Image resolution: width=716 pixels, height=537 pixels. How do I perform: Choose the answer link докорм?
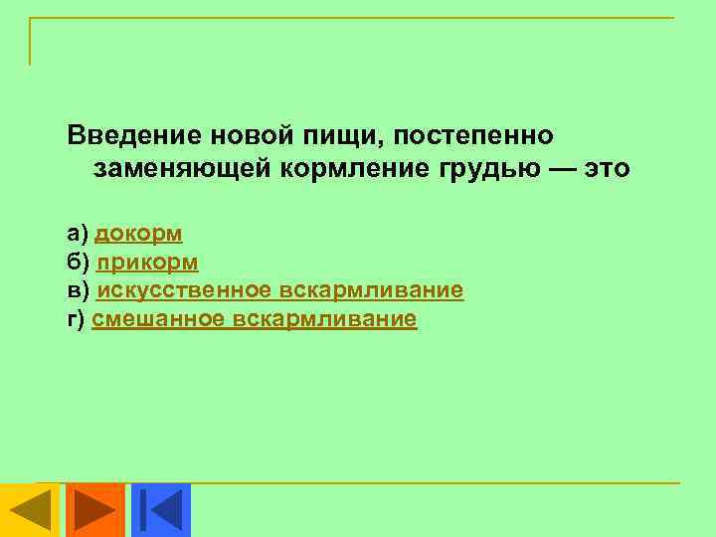coord(138,234)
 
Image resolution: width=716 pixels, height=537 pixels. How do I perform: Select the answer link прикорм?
coord(147,263)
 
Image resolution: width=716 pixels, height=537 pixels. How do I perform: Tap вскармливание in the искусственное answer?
coord(372,290)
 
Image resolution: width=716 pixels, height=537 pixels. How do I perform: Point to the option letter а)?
coord(78,234)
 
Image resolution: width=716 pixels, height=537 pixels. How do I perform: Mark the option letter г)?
coord(77,319)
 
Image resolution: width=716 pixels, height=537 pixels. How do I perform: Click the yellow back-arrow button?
coord(31,510)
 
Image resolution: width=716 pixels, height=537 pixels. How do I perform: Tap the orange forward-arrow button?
coord(95,510)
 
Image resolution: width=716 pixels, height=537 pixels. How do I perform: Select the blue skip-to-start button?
coord(160,510)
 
